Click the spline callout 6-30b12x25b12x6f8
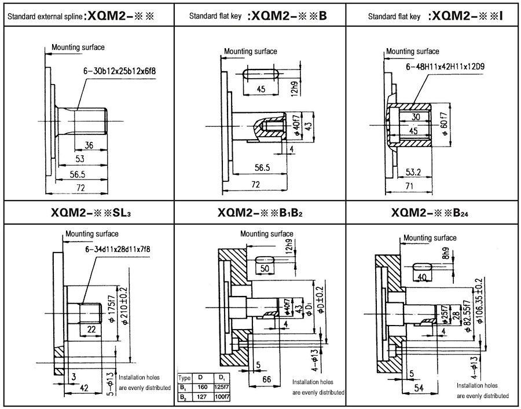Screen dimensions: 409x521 pos(120,71)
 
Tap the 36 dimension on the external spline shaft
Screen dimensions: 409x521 pos(89,145)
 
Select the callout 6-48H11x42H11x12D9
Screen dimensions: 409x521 pos(445,67)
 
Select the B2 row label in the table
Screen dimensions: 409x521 pos(183,396)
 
